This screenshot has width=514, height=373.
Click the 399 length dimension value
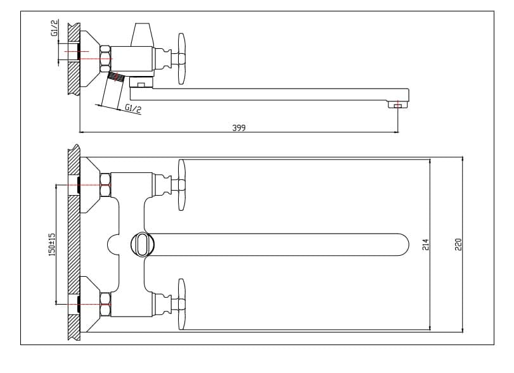pyautogui.click(x=239, y=128)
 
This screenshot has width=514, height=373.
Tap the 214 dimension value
pyautogui.click(x=425, y=244)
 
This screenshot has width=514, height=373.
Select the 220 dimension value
pyautogui.click(x=458, y=244)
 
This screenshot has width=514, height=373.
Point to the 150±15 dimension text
pyautogui.click(x=52, y=244)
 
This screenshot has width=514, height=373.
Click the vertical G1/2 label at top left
pyautogui.click(x=55, y=28)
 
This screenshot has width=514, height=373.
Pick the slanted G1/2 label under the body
pyautogui.click(x=133, y=108)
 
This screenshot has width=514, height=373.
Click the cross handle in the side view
pyautogui.click(x=181, y=59)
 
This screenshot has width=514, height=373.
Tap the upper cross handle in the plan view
pyautogui.click(x=181, y=185)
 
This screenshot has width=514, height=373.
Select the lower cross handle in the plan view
pyautogui.click(x=181, y=304)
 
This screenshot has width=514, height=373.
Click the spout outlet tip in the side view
pyautogui.click(x=397, y=104)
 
